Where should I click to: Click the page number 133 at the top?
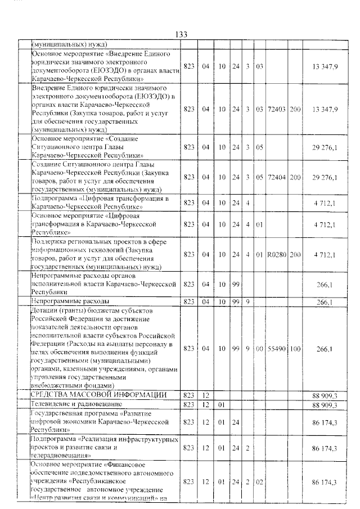[181, 35]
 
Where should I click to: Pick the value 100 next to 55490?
[295, 349]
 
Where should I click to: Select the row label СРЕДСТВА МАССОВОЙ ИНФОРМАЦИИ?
[98, 395]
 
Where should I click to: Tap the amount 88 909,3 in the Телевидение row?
[324, 404]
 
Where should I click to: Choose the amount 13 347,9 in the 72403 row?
[324, 109]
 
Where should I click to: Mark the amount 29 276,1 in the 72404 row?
[324, 178]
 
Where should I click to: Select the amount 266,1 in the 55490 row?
[325, 349]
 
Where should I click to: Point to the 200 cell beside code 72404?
[295, 178]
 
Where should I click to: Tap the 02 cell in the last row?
[259, 483]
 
